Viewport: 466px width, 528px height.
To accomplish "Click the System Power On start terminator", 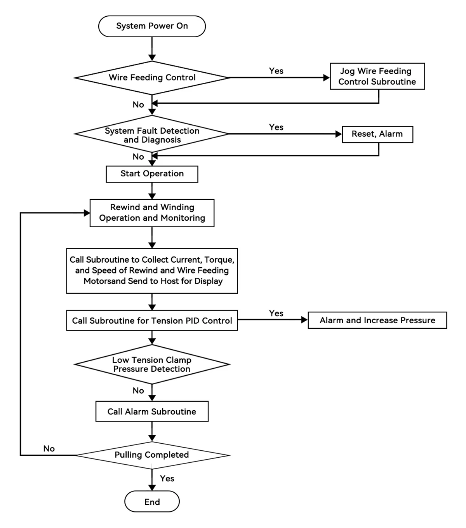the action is (x=152, y=26).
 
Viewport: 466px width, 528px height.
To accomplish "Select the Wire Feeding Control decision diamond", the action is (x=152, y=78).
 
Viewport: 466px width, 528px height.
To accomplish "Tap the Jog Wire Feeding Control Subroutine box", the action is (x=377, y=76).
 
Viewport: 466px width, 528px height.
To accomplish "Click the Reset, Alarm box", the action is (x=377, y=134).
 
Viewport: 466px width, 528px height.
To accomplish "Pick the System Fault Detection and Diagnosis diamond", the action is (x=152, y=134).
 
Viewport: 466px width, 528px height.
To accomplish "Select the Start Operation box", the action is (x=152, y=174).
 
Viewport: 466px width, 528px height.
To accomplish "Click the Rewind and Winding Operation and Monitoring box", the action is (x=152, y=213).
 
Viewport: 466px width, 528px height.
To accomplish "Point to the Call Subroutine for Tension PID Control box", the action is (x=152, y=320).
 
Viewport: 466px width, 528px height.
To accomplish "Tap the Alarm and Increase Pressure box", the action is (x=377, y=320).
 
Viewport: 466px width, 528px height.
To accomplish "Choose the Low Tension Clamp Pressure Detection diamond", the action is (x=152, y=364).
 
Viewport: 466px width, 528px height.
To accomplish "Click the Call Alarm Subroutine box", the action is (x=152, y=411).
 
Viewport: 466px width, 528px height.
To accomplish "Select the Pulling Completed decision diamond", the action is (x=152, y=455).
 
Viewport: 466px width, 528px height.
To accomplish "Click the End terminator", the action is (x=152, y=502).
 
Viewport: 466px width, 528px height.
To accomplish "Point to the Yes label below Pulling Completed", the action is (x=167, y=479).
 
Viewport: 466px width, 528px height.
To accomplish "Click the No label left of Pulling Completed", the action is (x=49, y=448).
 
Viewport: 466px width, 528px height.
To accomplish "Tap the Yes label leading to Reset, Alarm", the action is (x=276, y=127).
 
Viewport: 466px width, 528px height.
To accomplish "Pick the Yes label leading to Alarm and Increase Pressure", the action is (x=276, y=313).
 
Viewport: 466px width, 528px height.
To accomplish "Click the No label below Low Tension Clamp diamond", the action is (x=138, y=390).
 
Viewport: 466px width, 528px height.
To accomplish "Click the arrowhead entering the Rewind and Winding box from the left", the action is (x=87, y=213).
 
